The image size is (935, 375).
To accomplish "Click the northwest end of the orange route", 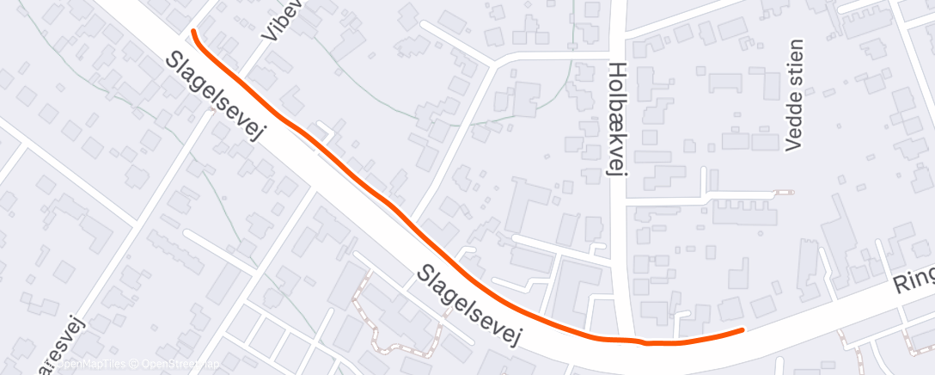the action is click(x=193, y=32).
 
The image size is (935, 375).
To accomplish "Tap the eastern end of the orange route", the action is click(x=742, y=329).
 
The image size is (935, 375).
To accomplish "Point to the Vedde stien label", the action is click(x=793, y=95).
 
